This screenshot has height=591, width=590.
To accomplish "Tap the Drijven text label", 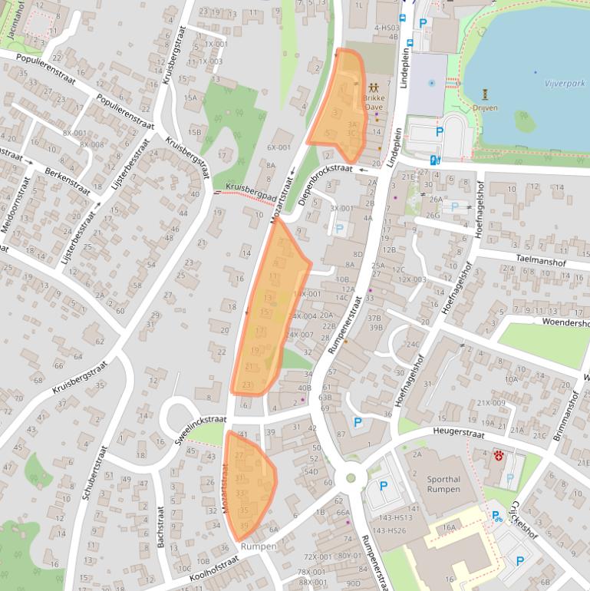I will click(x=486, y=108).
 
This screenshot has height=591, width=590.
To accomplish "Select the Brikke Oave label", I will click(x=374, y=104).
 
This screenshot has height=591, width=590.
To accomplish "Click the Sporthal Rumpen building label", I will click(x=443, y=484).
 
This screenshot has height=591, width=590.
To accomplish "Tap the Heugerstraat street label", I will click(x=455, y=433).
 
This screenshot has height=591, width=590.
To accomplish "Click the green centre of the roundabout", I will click(x=351, y=477).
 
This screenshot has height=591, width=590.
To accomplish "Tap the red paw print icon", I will click(x=499, y=456).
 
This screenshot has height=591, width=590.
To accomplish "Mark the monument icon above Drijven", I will click(x=486, y=94).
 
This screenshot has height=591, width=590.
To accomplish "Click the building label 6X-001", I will click(x=279, y=147).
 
